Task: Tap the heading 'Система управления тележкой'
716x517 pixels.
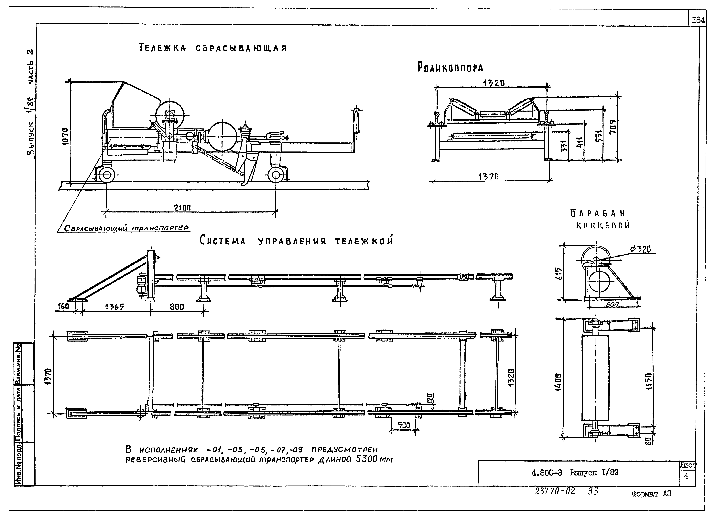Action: click(297, 241)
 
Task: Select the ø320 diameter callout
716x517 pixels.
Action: click(641, 249)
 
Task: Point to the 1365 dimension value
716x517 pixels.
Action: click(114, 307)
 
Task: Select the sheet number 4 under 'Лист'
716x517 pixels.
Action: click(686, 476)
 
